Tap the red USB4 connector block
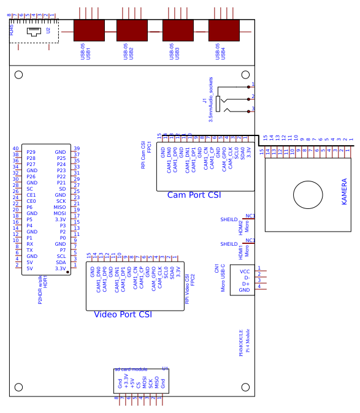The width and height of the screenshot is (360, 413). (224, 30)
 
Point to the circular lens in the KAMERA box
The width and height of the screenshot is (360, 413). (307, 195)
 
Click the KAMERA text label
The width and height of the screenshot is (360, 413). (344, 192)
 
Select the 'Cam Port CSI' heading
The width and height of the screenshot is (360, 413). (194, 195)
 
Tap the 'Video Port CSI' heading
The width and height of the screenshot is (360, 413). (123, 314)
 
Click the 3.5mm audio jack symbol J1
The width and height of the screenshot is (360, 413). (228, 99)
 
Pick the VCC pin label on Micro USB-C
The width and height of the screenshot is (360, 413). (244, 271)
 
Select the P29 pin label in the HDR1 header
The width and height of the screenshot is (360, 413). (31, 152)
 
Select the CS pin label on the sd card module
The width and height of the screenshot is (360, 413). (138, 385)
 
